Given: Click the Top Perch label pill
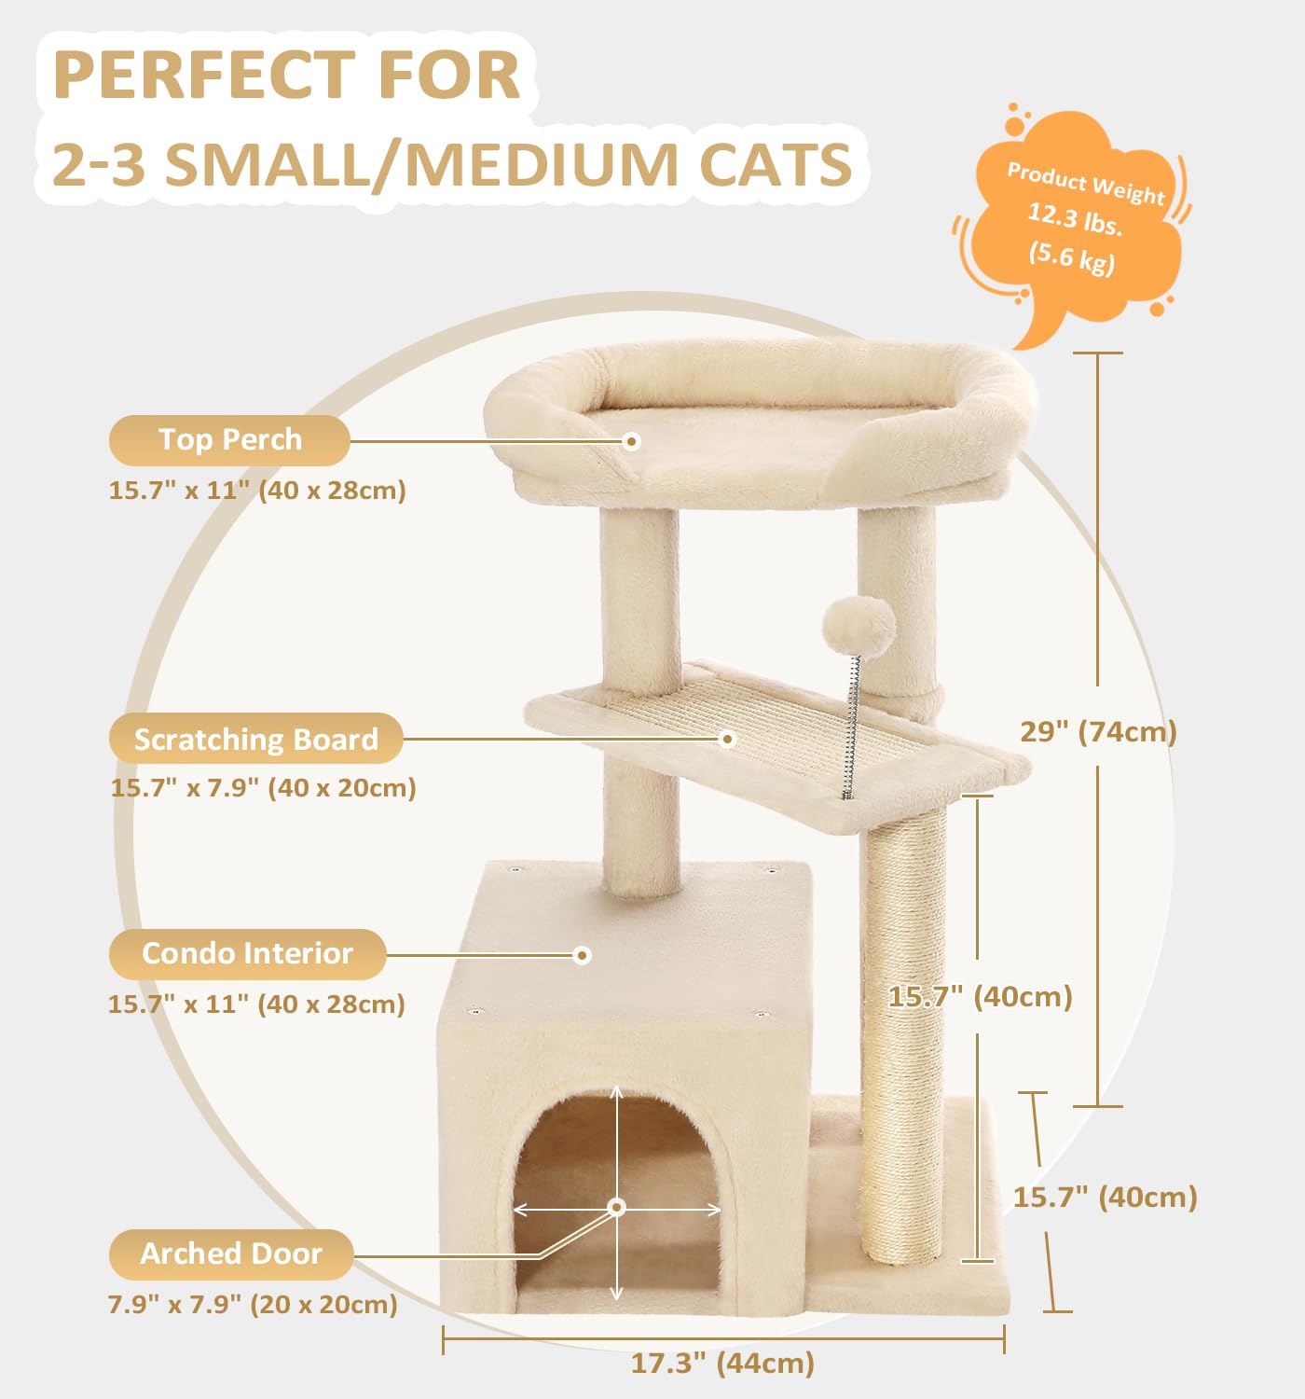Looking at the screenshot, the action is click(x=229, y=440).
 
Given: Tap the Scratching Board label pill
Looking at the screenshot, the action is click(x=255, y=739).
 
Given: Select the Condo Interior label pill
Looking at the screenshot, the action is click(x=247, y=954).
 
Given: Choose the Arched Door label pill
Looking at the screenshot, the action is click(x=231, y=1254).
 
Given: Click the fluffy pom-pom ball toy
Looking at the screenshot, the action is click(x=859, y=627).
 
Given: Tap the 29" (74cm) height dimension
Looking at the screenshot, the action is click(x=1099, y=732).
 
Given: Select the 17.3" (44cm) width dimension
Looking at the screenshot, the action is click(x=722, y=1363).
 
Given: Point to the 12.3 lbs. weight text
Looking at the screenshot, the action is click(x=1075, y=218).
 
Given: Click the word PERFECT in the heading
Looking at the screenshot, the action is click(x=204, y=75).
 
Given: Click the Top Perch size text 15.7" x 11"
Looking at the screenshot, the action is click(x=179, y=490).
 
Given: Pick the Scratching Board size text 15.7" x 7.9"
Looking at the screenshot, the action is click(x=185, y=787).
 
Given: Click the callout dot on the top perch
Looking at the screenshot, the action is click(x=632, y=442).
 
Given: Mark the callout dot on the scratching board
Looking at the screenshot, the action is click(x=728, y=739).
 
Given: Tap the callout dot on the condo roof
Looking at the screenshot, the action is click(x=582, y=955).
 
